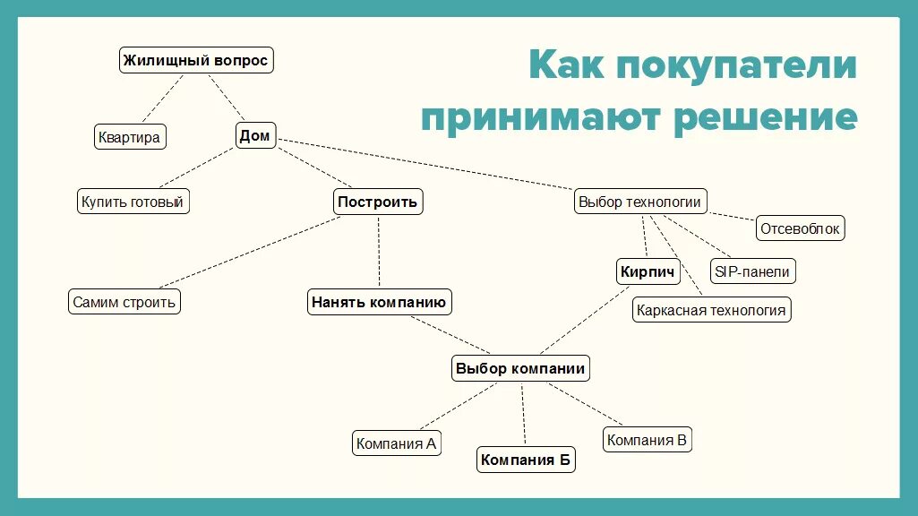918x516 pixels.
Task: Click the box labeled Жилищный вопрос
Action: point(195,61)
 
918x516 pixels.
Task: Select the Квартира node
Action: point(130,137)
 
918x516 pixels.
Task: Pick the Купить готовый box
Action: point(133,202)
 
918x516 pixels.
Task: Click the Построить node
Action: point(378,202)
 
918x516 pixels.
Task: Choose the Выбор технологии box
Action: point(639,202)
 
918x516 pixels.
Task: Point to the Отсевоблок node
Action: point(801,228)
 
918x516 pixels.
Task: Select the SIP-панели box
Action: point(752,271)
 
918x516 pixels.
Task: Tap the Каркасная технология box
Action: point(711,311)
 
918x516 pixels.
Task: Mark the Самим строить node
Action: point(124,302)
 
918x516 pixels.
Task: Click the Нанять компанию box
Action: point(379,302)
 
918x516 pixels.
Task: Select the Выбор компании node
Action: point(520,368)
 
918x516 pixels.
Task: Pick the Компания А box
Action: point(397,443)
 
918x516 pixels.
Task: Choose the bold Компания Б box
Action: point(526,460)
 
